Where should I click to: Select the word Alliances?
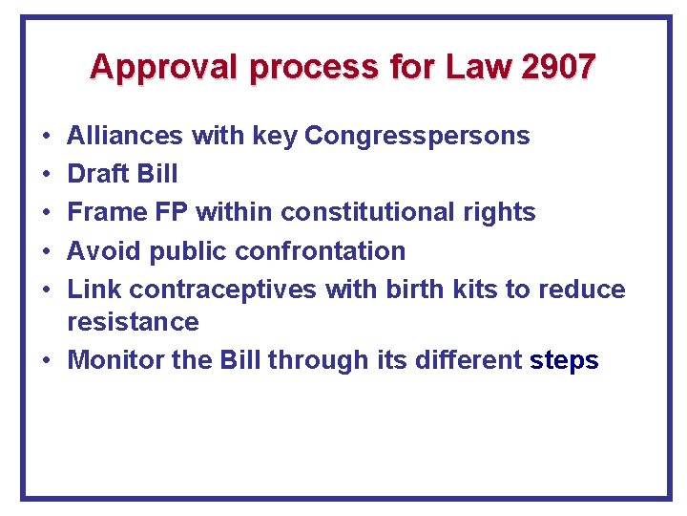(x=125, y=136)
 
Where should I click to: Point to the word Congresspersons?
(x=417, y=136)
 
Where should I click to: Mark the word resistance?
(x=133, y=322)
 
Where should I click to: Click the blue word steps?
(x=564, y=360)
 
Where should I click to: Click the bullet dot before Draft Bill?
(x=46, y=174)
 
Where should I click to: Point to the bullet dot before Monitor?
(x=46, y=360)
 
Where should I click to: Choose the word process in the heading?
(x=303, y=67)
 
